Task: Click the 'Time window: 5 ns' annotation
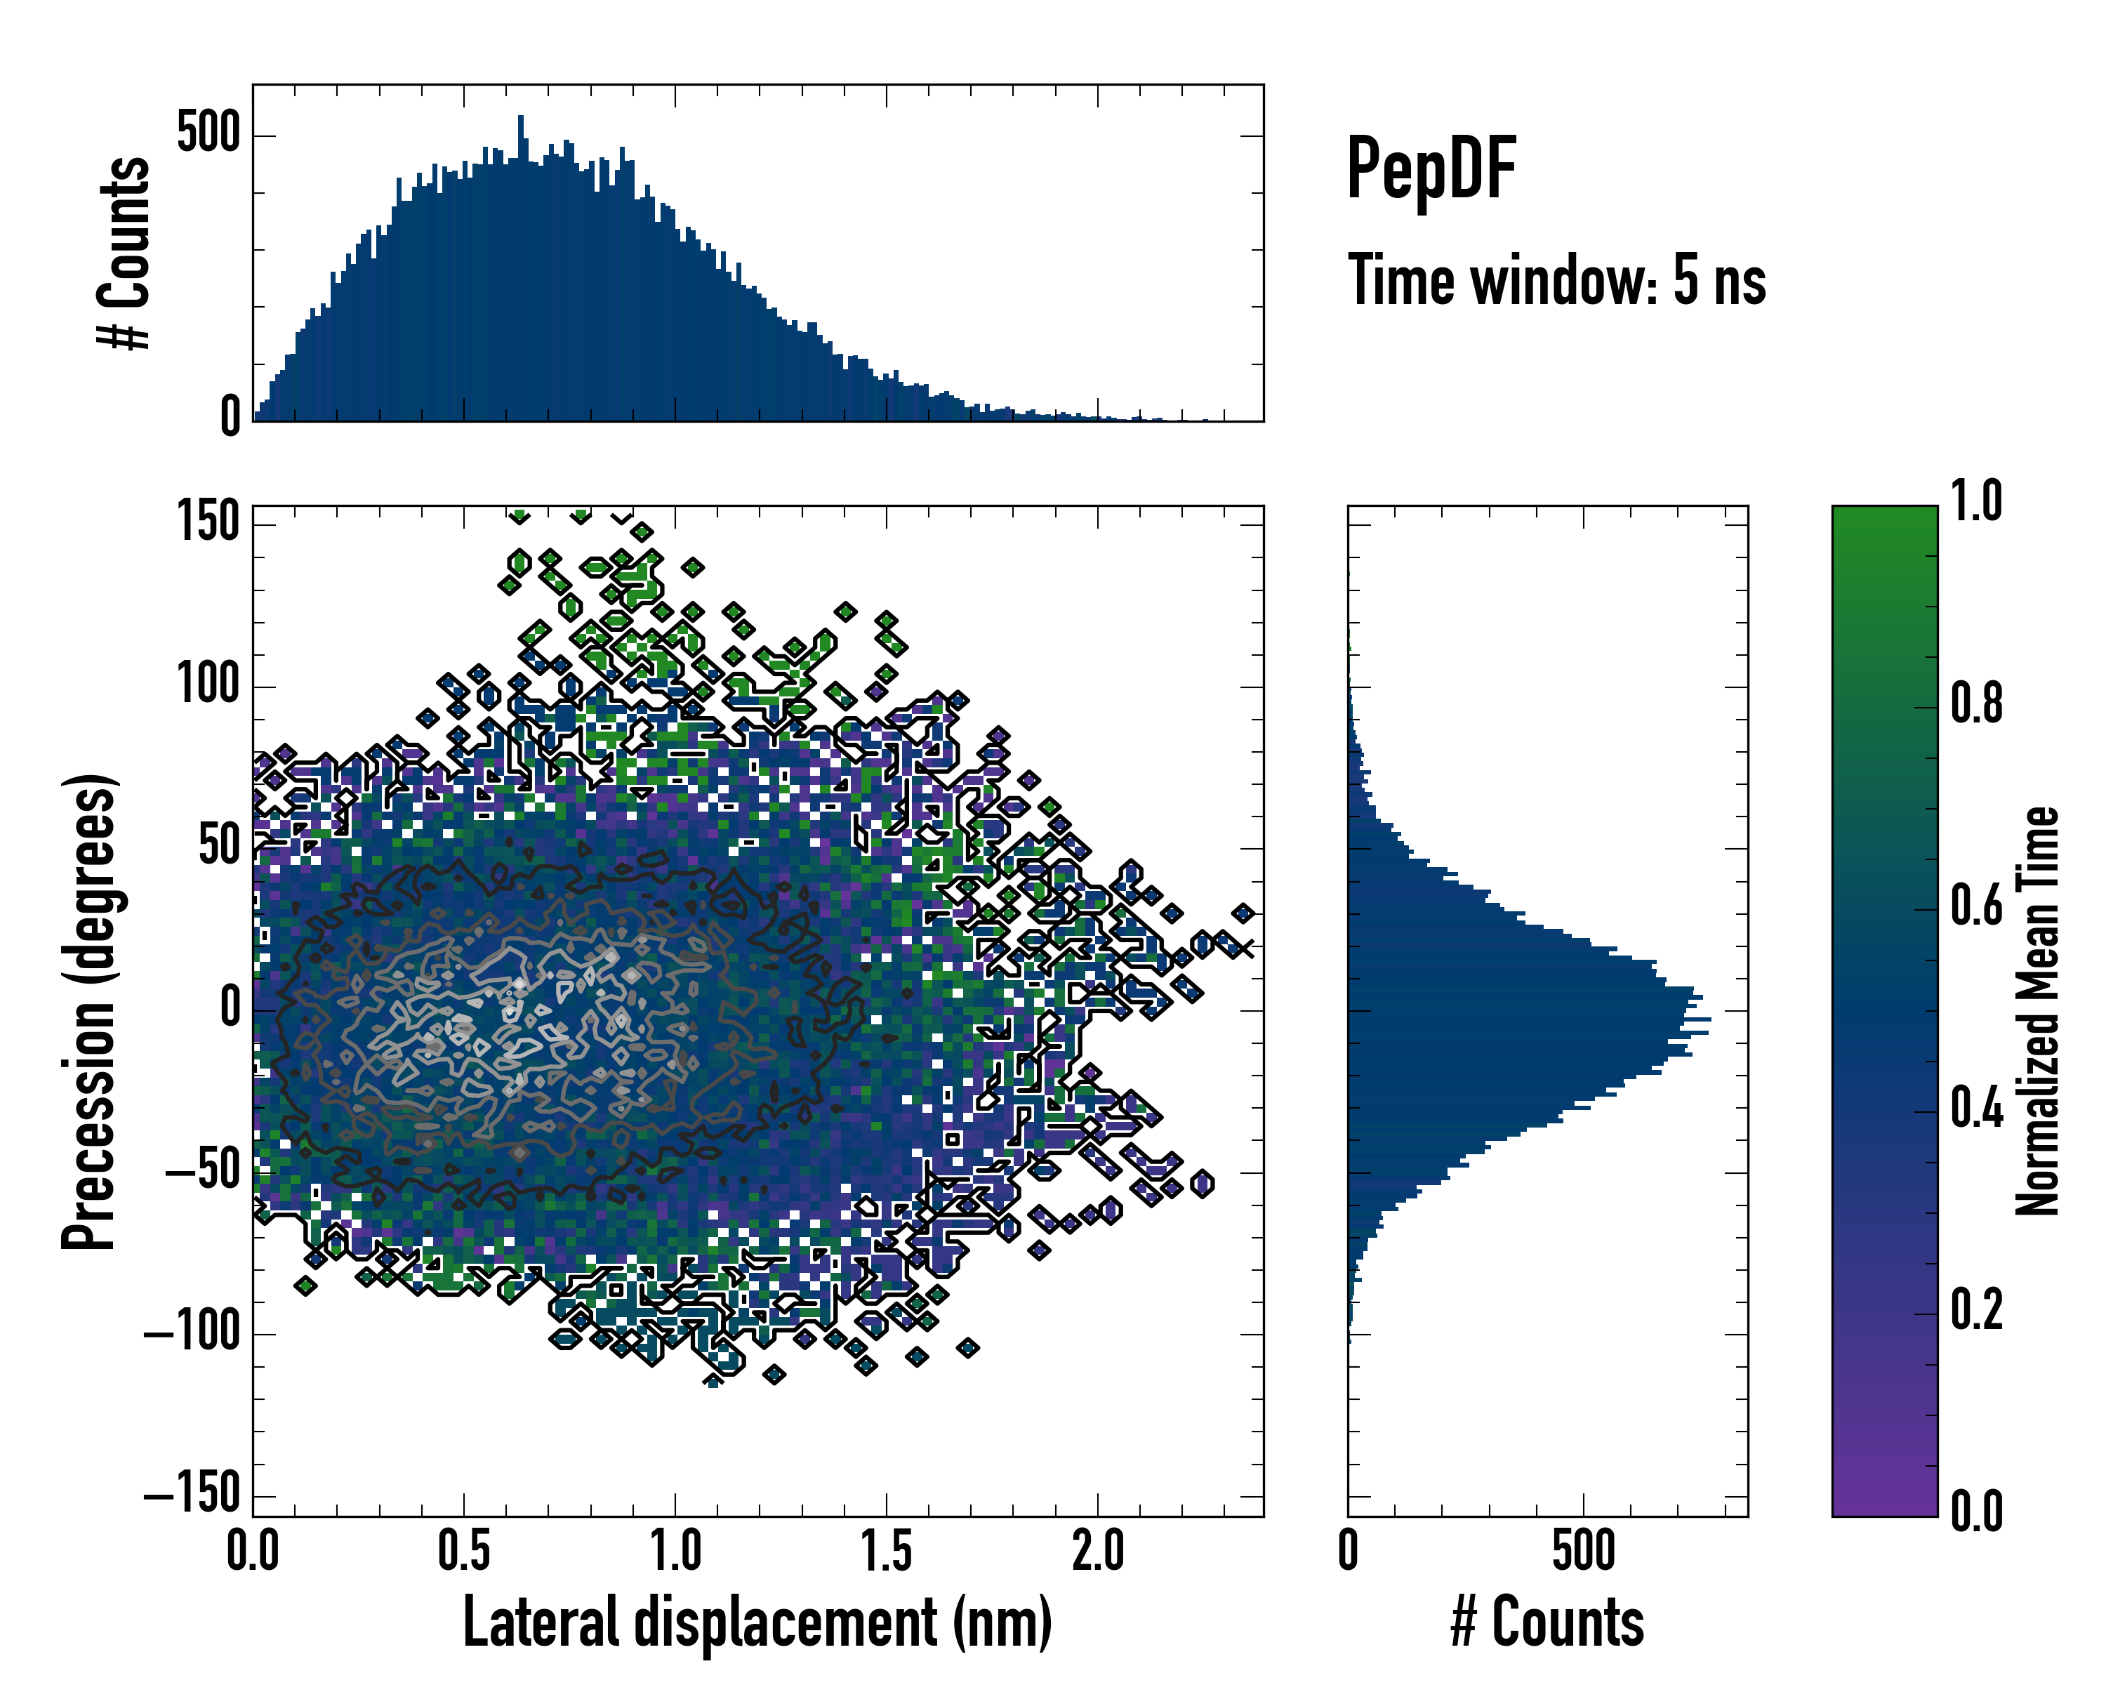click(x=1556, y=280)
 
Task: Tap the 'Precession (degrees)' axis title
click(x=90, y=1011)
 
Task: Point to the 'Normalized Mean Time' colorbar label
click(x=2038, y=1011)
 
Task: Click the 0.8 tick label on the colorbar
click(x=1976, y=703)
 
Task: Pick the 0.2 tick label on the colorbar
click(x=1976, y=1310)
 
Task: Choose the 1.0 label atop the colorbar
click(x=1976, y=501)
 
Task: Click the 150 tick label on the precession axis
click(x=208, y=522)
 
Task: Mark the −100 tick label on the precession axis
click(x=192, y=1333)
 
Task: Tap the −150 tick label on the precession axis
click(x=192, y=1495)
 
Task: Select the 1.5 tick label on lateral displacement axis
click(x=886, y=1551)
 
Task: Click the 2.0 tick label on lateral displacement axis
click(x=1097, y=1551)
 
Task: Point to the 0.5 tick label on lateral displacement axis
click(x=464, y=1551)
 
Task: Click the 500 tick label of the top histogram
click(x=208, y=133)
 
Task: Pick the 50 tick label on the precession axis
click(x=219, y=846)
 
